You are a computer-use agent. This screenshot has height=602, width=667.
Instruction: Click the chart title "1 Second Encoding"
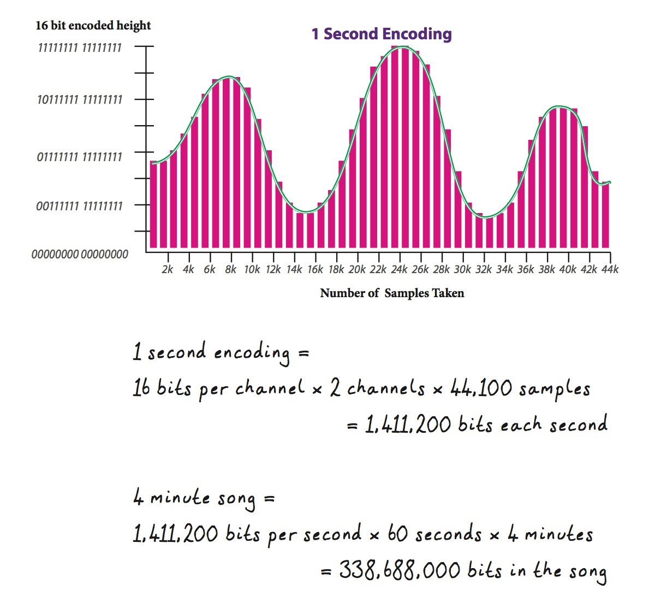pyautogui.click(x=382, y=34)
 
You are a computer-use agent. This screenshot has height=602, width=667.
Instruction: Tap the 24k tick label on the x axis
pyautogui.click(x=399, y=269)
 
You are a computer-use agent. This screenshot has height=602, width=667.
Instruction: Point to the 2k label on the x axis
pyautogui.click(x=168, y=269)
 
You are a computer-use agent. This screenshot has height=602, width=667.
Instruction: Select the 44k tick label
pyautogui.click(x=610, y=269)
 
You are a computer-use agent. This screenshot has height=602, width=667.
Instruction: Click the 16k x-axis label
pyautogui.click(x=315, y=269)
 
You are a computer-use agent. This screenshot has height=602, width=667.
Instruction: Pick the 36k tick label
pyautogui.click(x=526, y=269)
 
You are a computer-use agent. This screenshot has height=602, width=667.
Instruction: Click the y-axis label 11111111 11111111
pyautogui.click(x=80, y=48)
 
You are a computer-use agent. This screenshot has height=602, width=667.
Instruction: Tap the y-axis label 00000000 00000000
pyautogui.click(x=80, y=254)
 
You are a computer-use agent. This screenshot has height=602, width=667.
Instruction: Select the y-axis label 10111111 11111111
pyautogui.click(x=80, y=100)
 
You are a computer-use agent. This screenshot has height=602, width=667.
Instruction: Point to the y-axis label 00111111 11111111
pyautogui.click(x=80, y=206)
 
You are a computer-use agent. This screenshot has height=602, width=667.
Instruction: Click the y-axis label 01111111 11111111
pyautogui.click(x=80, y=157)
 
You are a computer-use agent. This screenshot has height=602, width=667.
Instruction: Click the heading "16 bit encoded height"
pyautogui.click(x=93, y=26)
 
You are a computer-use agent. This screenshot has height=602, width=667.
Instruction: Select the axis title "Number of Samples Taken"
pyautogui.click(x=392, y=293)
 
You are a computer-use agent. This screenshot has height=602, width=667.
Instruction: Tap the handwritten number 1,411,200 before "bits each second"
pyautogui.click(x=408, y=425)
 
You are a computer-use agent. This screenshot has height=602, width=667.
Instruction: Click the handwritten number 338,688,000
pyautogui.click(x=400, y=570)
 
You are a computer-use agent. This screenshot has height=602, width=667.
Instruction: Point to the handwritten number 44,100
pyautogui.click(x=481, y=388)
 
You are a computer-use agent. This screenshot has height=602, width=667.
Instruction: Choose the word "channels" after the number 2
pyautogui.click(x=386, y=388)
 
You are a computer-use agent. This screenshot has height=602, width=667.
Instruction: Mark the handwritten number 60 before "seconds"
pyautogui.click(x=398, y=534)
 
